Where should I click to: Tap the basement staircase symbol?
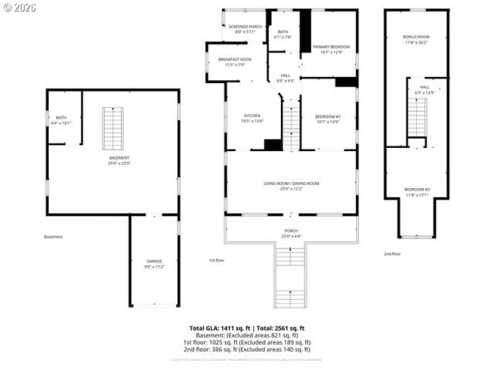click(112, 128)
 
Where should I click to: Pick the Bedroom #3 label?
click(416, 191)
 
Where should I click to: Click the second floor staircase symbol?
click(417, 117)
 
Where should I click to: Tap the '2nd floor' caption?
click(392, 253)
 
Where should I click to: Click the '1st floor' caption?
click(216, 260)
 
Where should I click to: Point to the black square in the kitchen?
click(273, 145)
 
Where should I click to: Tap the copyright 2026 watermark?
click(20, 7)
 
